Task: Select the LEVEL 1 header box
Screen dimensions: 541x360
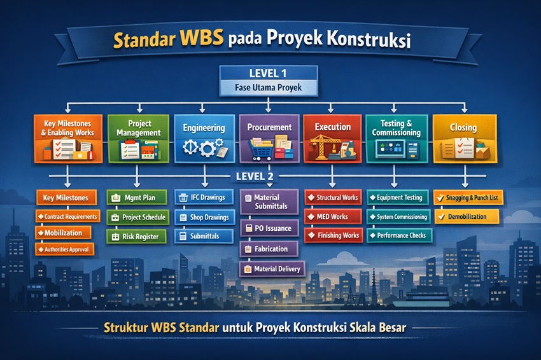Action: point(269,73)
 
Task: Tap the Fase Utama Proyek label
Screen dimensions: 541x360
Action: point(269,88)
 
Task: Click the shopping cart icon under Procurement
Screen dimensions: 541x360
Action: point(260,150)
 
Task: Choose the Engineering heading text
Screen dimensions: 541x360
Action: point(204,128)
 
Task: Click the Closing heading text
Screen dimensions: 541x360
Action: point(463,127)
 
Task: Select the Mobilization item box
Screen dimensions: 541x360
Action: point(64,233)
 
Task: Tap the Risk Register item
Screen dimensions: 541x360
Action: point(137,237)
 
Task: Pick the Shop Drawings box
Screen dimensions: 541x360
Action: point(204,218)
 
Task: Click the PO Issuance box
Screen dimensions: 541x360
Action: point(269,228)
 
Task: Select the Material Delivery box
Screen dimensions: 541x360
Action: point(272,269)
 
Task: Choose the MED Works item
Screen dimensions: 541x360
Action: point(333,217)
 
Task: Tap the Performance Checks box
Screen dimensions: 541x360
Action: point(400,235)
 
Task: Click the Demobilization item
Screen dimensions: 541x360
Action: point(467,217)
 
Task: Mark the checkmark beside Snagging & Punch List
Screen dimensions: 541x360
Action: point(440,198)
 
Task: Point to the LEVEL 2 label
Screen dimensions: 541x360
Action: point(255,177)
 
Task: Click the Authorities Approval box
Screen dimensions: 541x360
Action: point(64,250)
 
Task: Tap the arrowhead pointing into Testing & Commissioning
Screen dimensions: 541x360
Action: point(394,109)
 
